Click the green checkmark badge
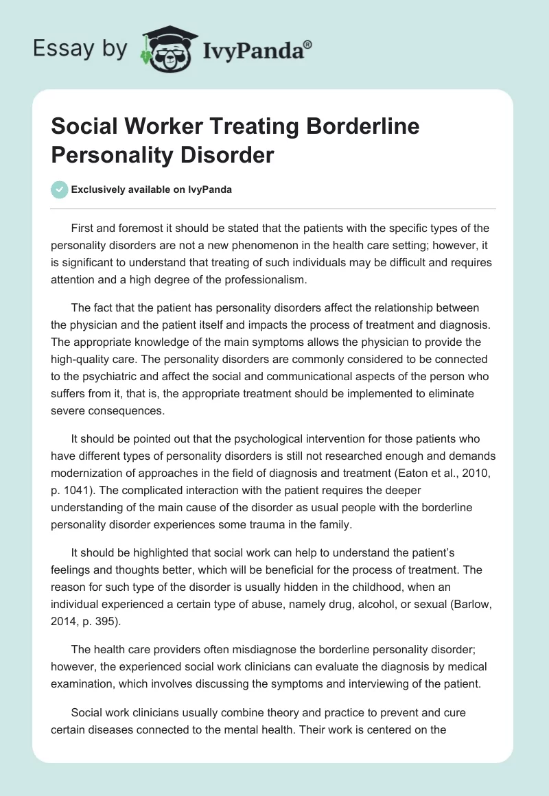tap(60, 189)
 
